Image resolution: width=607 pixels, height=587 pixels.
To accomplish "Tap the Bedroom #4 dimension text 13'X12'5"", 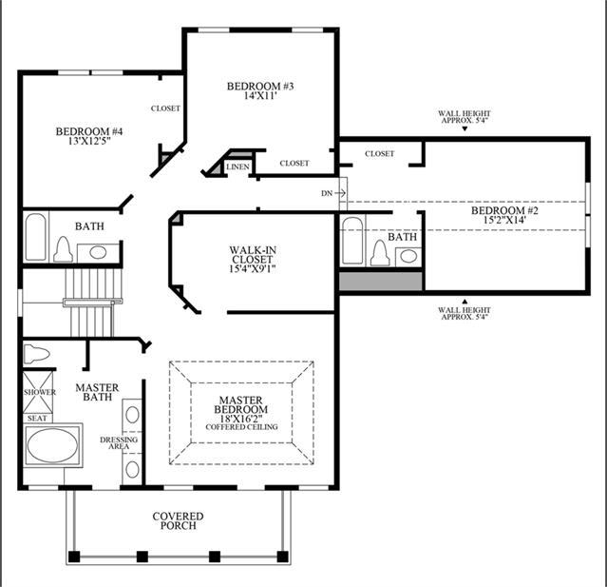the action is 89,141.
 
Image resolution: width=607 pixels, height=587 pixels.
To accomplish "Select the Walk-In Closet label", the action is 253,254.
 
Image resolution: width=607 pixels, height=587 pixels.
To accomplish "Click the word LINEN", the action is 237,166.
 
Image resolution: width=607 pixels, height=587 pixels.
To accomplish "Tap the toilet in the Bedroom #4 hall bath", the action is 63,249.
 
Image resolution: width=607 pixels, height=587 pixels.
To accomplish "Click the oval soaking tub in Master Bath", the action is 52,445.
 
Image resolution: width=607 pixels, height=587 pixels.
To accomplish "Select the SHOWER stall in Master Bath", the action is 38,392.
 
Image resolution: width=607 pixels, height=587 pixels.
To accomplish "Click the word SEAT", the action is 37,419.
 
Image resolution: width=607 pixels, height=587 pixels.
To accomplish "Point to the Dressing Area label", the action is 119,442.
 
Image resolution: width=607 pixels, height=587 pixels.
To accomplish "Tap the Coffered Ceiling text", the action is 241,427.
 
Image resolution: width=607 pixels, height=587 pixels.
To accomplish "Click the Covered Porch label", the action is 178,520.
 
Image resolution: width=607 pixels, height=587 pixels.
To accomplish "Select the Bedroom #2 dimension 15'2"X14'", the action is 504,220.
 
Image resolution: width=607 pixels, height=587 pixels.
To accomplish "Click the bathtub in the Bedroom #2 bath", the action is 352,241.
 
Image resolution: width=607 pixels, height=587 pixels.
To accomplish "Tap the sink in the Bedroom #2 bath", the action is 408,256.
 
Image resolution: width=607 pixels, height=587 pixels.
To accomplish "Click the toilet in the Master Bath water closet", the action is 37,354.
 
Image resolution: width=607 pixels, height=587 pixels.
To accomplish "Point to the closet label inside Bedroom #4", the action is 165,108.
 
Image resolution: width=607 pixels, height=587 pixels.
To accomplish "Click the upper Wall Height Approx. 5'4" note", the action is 465,117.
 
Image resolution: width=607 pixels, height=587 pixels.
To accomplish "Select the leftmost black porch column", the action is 74,557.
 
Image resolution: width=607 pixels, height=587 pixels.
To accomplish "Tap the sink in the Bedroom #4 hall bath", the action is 98,252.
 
